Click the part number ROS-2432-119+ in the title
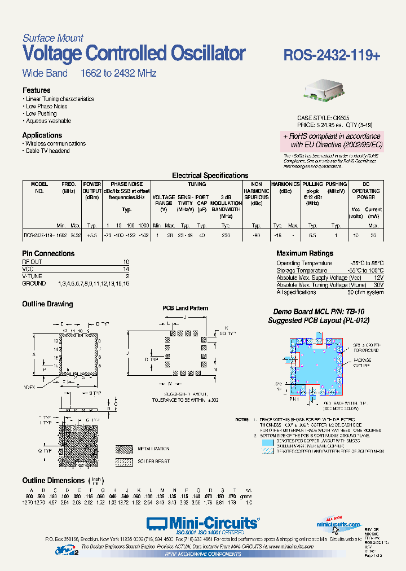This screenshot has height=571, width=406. click(332, 55)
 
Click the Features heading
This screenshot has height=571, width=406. click(36, 90)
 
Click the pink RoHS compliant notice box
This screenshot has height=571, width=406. click(332, 140)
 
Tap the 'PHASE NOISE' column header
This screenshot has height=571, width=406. click(127, 185)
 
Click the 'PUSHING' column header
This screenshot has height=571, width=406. click(336, 185)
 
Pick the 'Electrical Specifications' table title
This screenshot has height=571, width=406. click(210, 175)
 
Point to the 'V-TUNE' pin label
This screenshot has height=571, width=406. click(33, 276)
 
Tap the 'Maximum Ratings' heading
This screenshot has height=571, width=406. click(304, 254)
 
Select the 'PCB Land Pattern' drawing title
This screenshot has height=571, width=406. click(186, 308)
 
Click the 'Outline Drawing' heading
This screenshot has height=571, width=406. click(47, 304)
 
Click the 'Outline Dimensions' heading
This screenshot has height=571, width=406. click(54, 480)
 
